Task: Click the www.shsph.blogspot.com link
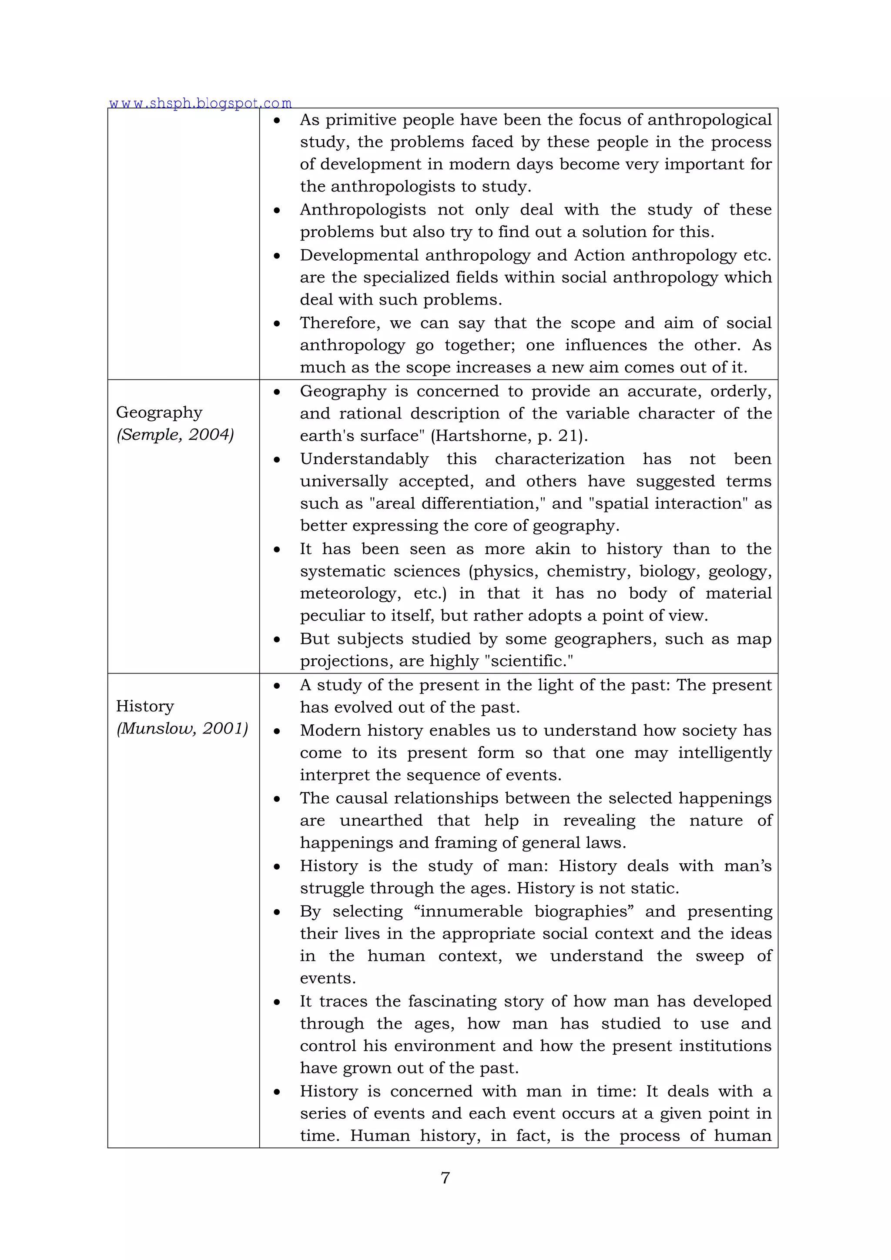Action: (x=200, y=103)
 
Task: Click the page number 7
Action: (x=445, y=1177)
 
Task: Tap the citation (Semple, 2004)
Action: (x=175, y=435)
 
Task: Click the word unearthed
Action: (x=381, y=821)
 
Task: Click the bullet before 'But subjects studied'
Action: (x=277, y=639)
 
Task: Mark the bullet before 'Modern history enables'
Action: (x=277, y=731)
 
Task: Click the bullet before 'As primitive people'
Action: (x=277, y=120)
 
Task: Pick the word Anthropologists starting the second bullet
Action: (x=363, y=210)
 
